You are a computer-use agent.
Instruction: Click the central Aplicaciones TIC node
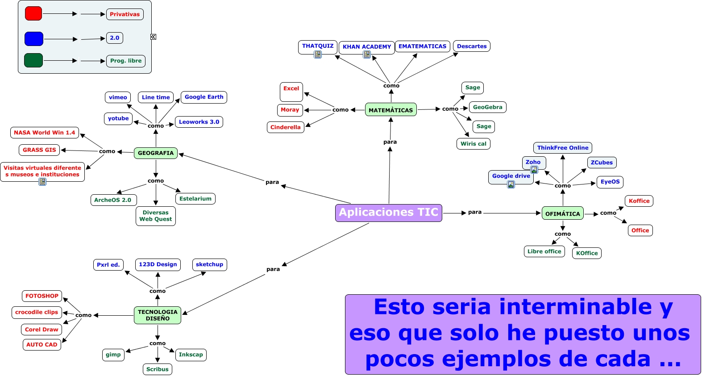pos(388,213)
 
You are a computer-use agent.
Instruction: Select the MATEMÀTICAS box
pos(390,110)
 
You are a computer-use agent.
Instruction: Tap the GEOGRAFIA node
pos(155,153)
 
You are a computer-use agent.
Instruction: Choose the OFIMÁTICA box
pos(562,213)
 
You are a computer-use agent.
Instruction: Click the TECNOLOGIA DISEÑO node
pos(157,315)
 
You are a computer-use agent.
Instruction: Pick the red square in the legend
pos(33,14)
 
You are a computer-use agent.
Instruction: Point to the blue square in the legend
pos(34,39)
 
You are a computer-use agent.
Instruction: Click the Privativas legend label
pos(125,14)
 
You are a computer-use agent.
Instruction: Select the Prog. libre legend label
pos(125,61)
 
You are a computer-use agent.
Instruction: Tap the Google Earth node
pos(204,97)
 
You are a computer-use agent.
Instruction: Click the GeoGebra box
pos(487,107)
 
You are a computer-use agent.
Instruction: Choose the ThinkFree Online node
pos(562,148)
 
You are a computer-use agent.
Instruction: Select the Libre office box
pos(544,251)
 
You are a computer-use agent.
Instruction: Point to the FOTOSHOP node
pos(42,296)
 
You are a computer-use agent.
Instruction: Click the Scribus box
pos(157,369)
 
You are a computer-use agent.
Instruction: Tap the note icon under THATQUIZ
pos(318,54)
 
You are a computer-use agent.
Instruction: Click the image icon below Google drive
pos(511,184)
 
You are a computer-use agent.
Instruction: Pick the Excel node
pos(291,89)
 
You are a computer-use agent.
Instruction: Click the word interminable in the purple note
pos(575,307)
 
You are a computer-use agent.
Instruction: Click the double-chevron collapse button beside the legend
pos(153,37)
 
